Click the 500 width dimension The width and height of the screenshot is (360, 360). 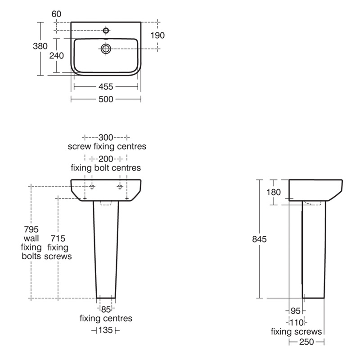pyautogui.click(x=106, y=99)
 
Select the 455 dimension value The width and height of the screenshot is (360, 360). pyautogui.click(x=106, y=87)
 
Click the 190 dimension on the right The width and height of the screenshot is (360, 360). pyautogui.click(x=157, y=35)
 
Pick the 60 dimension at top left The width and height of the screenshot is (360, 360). pyautogui.click(x=57, y=14)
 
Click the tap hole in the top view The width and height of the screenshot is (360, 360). pyautogui.click(x=106, y=31)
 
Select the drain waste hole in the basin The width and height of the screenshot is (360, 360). pyautogui.click(x=106, y=48)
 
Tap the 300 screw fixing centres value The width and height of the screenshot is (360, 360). pyautogui.click(x=106, y=137)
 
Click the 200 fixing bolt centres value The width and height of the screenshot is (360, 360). pyautogui.click(x=106, y=158)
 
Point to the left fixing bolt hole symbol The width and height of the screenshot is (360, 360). pyautogui.click(x=92, y=186)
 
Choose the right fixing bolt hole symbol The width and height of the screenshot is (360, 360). pyautogui.click(x=120, y=186)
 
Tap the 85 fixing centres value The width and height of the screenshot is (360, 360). pyautogui.click(x=106, y=309)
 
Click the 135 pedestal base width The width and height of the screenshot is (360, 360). pyautogui.click(x=106, y=331)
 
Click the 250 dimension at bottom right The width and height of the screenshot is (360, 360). pyautogui.click(x=306, y=342)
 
